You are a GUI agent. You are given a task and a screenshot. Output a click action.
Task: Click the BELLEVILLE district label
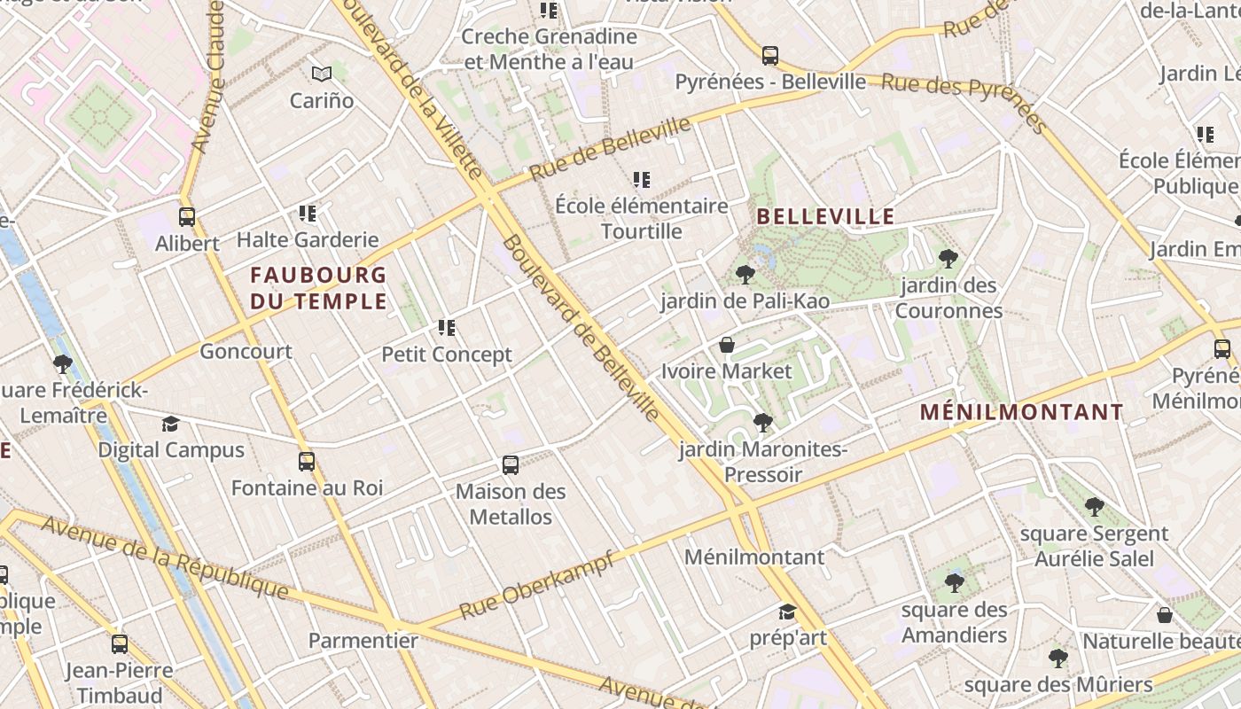(x=825, y=216)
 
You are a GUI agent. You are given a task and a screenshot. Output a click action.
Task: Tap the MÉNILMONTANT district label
(x=1021, y=412)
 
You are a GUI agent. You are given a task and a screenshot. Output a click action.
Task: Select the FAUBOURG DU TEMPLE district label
(x=318, y=288)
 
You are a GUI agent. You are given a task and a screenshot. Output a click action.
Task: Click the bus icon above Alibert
(x=187, y=217)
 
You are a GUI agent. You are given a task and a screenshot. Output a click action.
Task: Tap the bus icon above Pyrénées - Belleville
(x=770, y=56)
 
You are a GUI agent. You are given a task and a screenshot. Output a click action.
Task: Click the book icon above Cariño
(x=321, y=74)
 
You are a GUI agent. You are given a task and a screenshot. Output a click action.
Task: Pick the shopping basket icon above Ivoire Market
(x=727, y=345)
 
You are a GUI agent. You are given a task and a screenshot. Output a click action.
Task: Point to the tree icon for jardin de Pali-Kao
(x=745, y=275)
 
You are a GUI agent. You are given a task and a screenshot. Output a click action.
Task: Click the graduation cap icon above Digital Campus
(x=171, y=424)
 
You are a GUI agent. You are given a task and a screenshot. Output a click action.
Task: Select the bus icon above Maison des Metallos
(x=511, y=464)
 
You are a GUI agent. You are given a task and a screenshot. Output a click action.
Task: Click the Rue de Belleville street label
(x=611, y=148)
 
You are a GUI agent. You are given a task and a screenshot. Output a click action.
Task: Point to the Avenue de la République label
(x=165, y=557)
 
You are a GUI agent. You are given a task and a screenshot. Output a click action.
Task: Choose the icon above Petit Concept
(x=447, y=329)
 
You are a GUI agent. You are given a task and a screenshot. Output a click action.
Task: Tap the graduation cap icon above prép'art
(x=787, y=612)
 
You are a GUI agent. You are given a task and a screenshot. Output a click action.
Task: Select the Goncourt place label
(x=246, y=351)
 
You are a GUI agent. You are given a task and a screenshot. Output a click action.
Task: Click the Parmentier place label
(x=363, y=640)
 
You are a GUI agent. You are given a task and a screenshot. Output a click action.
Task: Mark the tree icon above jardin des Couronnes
(x=948, y=259)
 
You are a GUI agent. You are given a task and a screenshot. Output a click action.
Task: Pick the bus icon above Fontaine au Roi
(x=307, y=462)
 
